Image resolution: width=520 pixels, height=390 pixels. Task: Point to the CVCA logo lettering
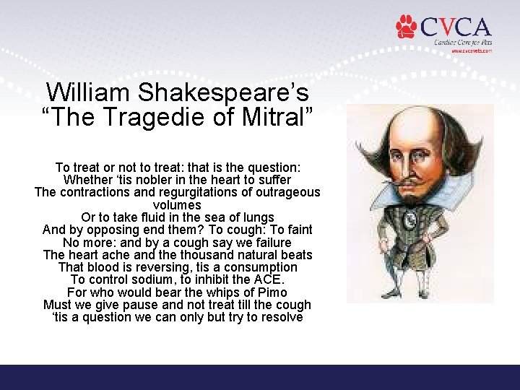point(455,27)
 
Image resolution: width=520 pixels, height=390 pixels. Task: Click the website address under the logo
point(472,51)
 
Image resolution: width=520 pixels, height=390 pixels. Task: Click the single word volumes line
point(177,204)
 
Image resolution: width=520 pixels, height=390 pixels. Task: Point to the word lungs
point(258,217)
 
